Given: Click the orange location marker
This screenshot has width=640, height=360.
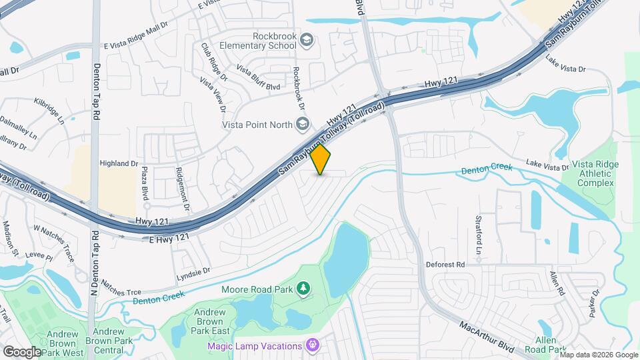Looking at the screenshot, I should coord(321,159).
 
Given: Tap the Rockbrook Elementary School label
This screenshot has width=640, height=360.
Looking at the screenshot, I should coord(265,41).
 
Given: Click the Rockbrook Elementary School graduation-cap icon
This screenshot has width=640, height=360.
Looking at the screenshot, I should coord(306,40).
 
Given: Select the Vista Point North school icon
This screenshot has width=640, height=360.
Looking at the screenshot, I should coord(303,124).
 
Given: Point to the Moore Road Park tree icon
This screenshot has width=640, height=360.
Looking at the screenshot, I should coord(304,288).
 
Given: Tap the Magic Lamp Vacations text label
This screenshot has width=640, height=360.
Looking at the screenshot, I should coord(256,345).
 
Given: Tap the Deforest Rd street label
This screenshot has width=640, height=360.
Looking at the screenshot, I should coord(445,265).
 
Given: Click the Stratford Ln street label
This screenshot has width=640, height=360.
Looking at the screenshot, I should coord(478,233).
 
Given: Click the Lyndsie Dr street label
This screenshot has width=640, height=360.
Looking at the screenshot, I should coord(193,271).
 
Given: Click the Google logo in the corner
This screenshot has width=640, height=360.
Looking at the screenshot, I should coord(21,351).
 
